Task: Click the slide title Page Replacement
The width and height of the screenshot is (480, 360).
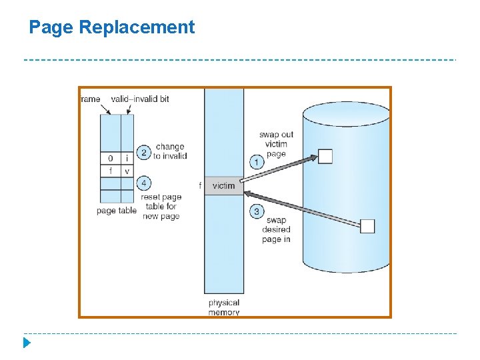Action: pyautogui.click(x=112, y=27)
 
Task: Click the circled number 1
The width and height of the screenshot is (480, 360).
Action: pyautogui.click(x=257, y=161)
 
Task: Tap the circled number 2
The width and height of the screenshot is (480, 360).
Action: pyautogui.click(x=143, y=152)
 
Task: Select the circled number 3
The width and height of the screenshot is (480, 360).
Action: pyautogui.click(x=257, y=211)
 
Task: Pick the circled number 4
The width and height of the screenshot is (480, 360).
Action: pyautogui.click(x=143, y=183)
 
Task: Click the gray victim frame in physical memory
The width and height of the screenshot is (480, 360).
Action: pyautogui.click(x=224, y=186)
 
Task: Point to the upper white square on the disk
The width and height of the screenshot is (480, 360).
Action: pyautogui.click(x=325, y=157)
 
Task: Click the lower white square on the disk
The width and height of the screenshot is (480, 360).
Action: pyautogui.click(x=367, y=226)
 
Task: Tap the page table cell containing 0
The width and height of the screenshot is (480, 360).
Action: pyautogui.click(x=110, y=159)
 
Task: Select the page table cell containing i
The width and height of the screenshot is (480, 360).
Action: pyautogui.click(x=127, y=159)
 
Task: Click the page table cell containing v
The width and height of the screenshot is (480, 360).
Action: pyautogui.click(x=127, y=171)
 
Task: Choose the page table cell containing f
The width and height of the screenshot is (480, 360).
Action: pyautogui.click(x=110, y=171)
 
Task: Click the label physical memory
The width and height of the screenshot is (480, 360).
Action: pyautogui.click(x=224, y=307)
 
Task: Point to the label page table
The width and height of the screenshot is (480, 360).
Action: pyautogui.click(x=117, y=211)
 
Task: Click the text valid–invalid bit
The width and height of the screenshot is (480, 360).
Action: pyautogui.click(x=140, y=99)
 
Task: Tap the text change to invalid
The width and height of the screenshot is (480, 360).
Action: pyautogui.click(x=170, y=151)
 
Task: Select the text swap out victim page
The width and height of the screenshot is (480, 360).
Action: pyautogui.click(x=276, y=144)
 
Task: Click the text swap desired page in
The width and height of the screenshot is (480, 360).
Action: pyautogui.click(x=276, y=229)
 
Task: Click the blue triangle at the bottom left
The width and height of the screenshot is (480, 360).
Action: pyautogui.click(x=26, y=343)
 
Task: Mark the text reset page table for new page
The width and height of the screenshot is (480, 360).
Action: pyautogui.click(x=161, y=207)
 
